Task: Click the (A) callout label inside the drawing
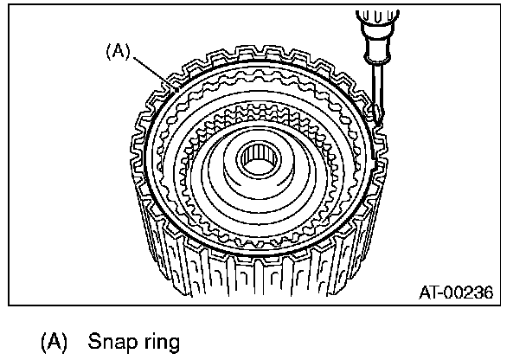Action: [117, 51]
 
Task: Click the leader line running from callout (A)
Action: [147, 67]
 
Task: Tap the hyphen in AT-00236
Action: [445, 293]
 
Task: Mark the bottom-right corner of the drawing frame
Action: [502, 305]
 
